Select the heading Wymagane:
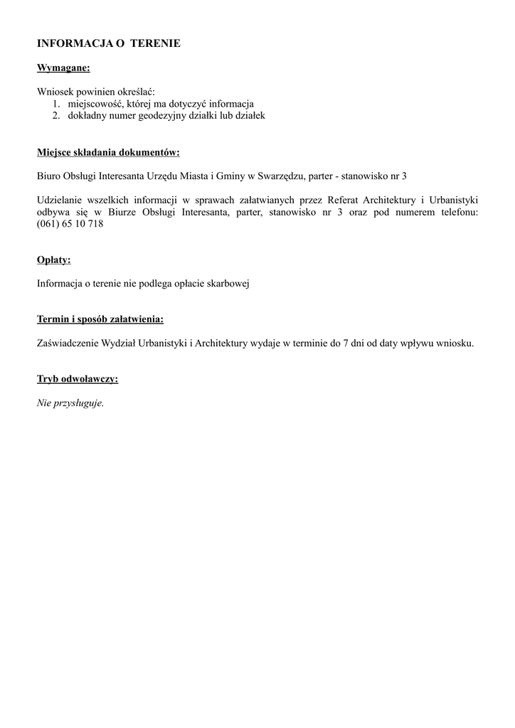click(63, 68)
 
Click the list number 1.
click(55, 104)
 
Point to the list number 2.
click(55, 115)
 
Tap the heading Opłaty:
click(54, 260)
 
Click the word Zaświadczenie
click(69, 343)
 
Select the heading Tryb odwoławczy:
click(78, 379)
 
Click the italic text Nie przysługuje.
click(70, 403)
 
